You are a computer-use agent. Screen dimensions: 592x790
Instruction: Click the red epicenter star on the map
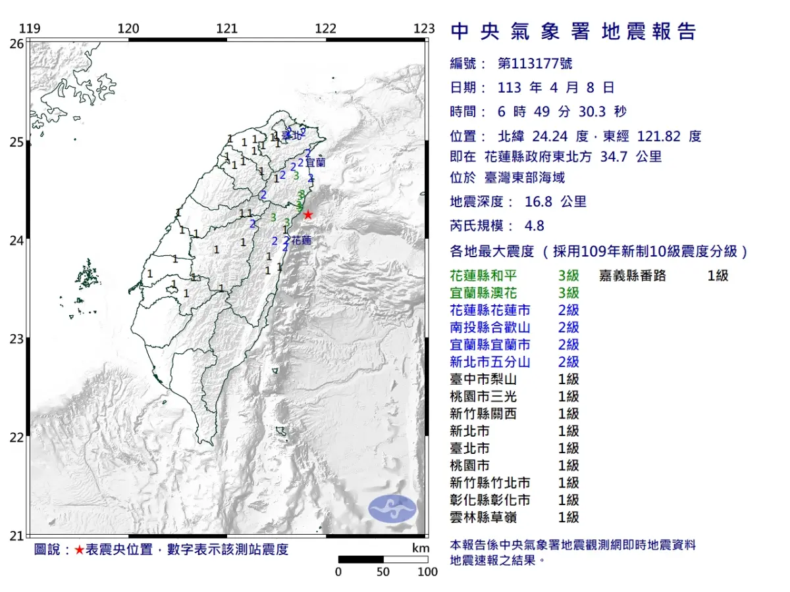click(307, 214)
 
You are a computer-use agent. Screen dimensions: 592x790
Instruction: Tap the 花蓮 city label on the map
click(301, 241)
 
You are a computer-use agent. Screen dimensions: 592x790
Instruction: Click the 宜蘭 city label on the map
click(315, 161)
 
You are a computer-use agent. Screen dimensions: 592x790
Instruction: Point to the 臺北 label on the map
click(290, 136)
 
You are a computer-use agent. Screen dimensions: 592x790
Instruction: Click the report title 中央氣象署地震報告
click(573, 32)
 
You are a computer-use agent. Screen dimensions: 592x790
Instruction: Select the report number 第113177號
click(535, 63)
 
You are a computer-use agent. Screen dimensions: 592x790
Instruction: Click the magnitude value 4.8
click(534, 226)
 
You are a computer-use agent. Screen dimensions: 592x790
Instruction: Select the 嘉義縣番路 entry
click(633, 276)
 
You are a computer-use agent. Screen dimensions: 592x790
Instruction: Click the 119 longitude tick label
click(30, 28)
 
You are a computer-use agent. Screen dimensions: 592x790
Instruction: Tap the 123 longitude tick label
click(425, 28)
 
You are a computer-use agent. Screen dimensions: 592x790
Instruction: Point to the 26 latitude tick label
click(16, 43)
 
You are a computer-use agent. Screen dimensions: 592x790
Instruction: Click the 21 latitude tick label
click(16, 535)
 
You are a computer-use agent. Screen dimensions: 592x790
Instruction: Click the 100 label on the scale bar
click(427, 572)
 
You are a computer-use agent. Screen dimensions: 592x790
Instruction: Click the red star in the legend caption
click(79, 550)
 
